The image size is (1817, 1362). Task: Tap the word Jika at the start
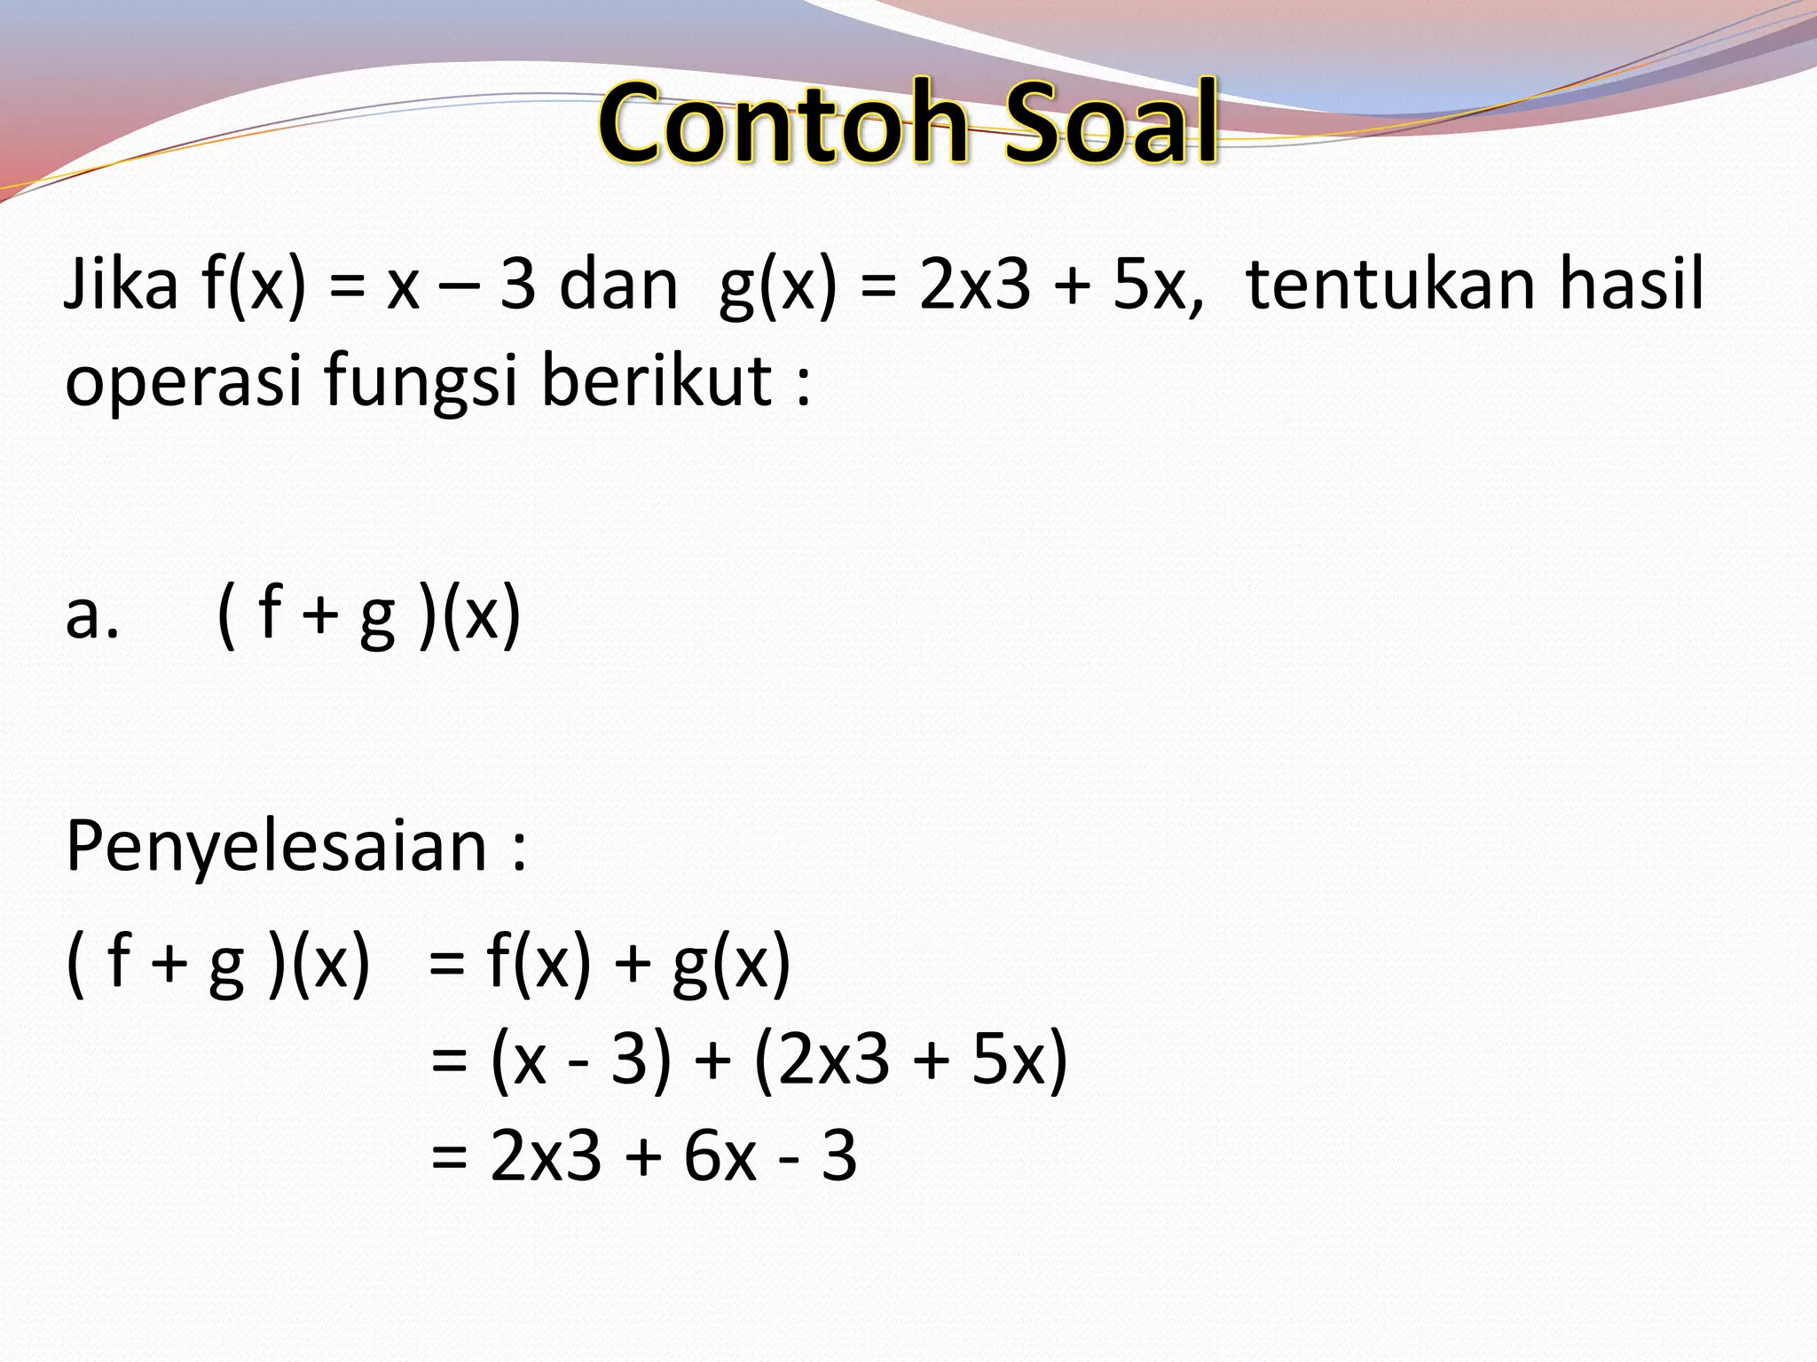(121, 286)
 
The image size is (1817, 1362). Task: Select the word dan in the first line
(618, 286)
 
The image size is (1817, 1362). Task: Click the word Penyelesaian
(276, 847)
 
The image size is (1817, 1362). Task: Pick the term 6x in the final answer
(720, 1157)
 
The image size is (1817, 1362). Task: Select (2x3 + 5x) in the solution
(911, 1061)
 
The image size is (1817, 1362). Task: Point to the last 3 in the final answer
(839, 1157)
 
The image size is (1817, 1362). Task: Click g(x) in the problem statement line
(777, 286)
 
